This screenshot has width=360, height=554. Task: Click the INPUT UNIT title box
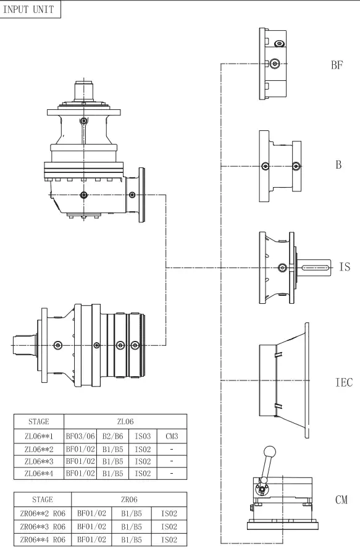[x=30, y=10]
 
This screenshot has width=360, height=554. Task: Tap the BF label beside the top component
[x=337, y=64]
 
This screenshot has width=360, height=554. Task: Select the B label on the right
[x=338, y=166]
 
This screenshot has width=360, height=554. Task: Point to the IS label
[x=345, y=267]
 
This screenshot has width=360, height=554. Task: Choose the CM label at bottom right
[x=341, y=500]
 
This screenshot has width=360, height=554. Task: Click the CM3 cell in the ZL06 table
[x=172, y=437]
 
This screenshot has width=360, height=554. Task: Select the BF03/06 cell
[x=80, y=437]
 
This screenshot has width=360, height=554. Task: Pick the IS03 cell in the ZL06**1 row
[x=142, y=437]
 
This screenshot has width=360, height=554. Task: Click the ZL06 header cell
[x=125, y=422]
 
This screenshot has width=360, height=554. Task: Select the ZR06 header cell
[x=129, y=499]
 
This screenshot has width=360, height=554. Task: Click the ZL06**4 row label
[x=39, y=473]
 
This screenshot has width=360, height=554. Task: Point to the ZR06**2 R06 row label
[x=43, y=513]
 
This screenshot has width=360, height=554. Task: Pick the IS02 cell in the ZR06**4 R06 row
[x=169, y=540]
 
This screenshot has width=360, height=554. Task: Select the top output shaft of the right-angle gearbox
[x=83, y=91]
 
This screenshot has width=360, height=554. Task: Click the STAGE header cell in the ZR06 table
[x=43, y=499]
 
